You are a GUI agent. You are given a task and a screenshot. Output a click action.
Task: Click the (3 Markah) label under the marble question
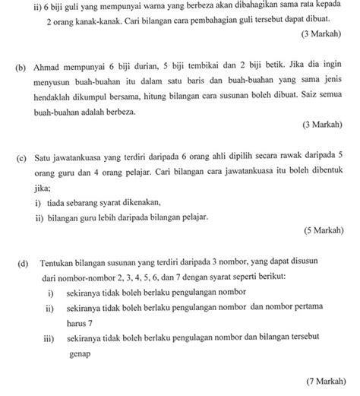point(319,34)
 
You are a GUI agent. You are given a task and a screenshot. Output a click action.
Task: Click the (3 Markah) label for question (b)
point(319,125)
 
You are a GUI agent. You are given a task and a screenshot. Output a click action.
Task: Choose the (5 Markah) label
point(319,228)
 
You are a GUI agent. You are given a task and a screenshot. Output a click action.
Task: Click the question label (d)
point(18,262)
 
